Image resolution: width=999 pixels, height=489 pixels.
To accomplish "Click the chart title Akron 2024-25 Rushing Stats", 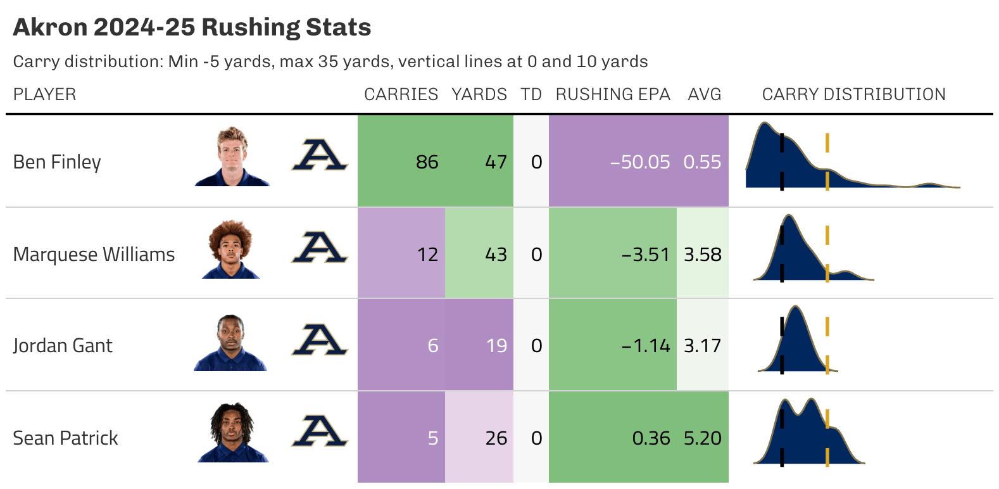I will point(192,27).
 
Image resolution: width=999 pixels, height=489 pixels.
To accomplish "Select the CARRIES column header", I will point(401,94).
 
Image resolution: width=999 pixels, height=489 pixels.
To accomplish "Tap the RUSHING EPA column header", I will point(612,94).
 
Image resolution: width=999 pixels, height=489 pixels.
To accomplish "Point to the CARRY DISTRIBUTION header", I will point(853,94).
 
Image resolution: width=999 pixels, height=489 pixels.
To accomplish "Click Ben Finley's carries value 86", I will point(427,162).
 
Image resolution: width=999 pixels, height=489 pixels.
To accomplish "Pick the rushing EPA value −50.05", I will point(639,162).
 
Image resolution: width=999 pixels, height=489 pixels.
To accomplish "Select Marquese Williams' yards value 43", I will point(496,255).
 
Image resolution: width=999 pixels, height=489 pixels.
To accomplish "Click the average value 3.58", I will point(702,255).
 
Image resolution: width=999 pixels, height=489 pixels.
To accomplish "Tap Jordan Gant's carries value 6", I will point(432,346).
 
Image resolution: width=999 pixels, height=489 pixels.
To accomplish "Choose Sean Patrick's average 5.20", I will point(702,438).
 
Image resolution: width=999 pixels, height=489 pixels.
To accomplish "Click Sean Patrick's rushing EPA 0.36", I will point(650,438).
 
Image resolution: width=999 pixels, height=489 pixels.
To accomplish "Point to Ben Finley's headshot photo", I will point(232,156).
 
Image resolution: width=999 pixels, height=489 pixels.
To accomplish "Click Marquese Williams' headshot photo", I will point(231,249).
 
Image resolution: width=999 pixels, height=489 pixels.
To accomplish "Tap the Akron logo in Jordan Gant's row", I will point(319,340).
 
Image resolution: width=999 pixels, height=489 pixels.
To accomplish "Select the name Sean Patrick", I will point(65,438).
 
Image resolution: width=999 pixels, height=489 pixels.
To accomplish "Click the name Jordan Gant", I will point(63,346).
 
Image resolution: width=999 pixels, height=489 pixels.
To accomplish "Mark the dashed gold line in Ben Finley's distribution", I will point(827,162).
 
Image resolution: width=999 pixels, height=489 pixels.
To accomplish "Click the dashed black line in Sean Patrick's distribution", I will point(782,437).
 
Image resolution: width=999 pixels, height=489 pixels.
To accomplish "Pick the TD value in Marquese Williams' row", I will point(536,255).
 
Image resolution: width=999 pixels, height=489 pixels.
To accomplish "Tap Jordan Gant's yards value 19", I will point(496,346).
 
